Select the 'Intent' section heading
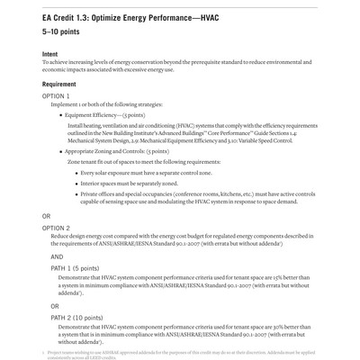coord(53,54)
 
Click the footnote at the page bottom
coord(181,352)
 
